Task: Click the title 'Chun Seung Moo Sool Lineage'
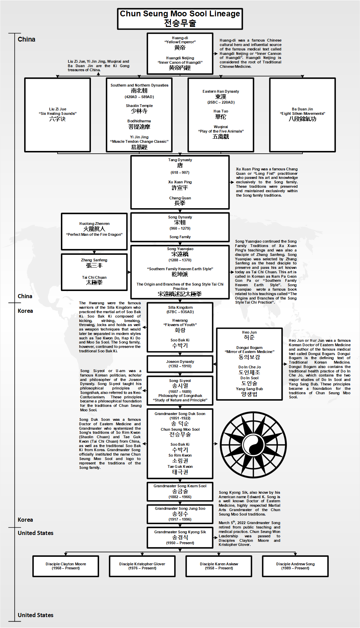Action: coord(180,14)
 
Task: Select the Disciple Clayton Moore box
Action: coord(66,566)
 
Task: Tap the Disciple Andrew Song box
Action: coord(295,566)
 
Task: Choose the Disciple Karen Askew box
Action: coord(219,566)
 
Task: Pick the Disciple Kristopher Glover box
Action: coord(142,566)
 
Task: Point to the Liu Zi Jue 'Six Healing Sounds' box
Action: coord(58,115)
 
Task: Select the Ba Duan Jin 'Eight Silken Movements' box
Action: coord(302,115)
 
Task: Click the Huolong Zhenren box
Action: coord(94,231)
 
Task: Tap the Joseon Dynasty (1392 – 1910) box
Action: coord(180,364)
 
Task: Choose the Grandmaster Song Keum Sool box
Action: coord(180,491)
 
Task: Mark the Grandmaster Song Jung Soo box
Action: coord(180,514)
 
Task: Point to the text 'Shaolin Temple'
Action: coord(139,106)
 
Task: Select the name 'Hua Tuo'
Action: coord(221,111)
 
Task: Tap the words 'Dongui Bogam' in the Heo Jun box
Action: coord(249,348)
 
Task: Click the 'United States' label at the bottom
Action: coord(35,615)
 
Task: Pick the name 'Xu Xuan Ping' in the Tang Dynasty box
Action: coord(180,182)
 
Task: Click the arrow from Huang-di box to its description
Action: coord(216,53)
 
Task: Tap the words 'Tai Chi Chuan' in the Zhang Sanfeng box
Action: coord(94,277)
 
